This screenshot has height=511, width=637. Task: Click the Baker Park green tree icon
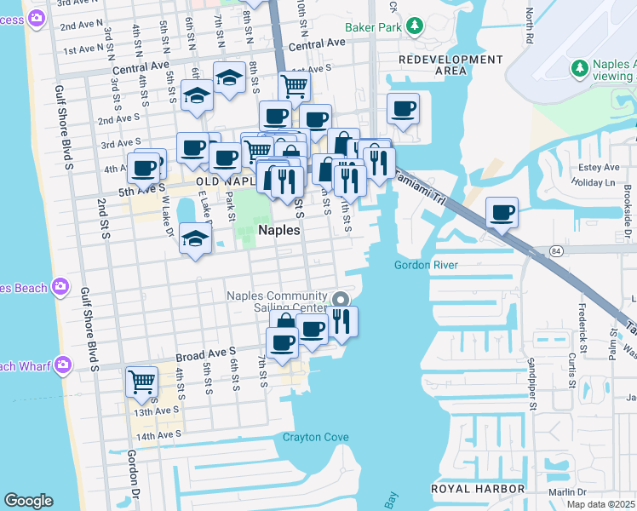point(415,26)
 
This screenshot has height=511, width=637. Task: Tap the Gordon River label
point(427,265)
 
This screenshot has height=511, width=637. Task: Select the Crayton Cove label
point(316,437)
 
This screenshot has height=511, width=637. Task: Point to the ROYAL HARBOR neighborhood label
point(477,489)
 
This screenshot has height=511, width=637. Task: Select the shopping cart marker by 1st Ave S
point(293,85)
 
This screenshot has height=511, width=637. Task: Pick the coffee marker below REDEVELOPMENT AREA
point(403,108)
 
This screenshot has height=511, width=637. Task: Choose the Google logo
point(28,501)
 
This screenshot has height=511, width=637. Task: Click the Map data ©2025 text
point(600,504)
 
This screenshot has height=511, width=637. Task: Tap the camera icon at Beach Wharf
point(62,365)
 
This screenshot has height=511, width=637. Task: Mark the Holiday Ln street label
point(594,182)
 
